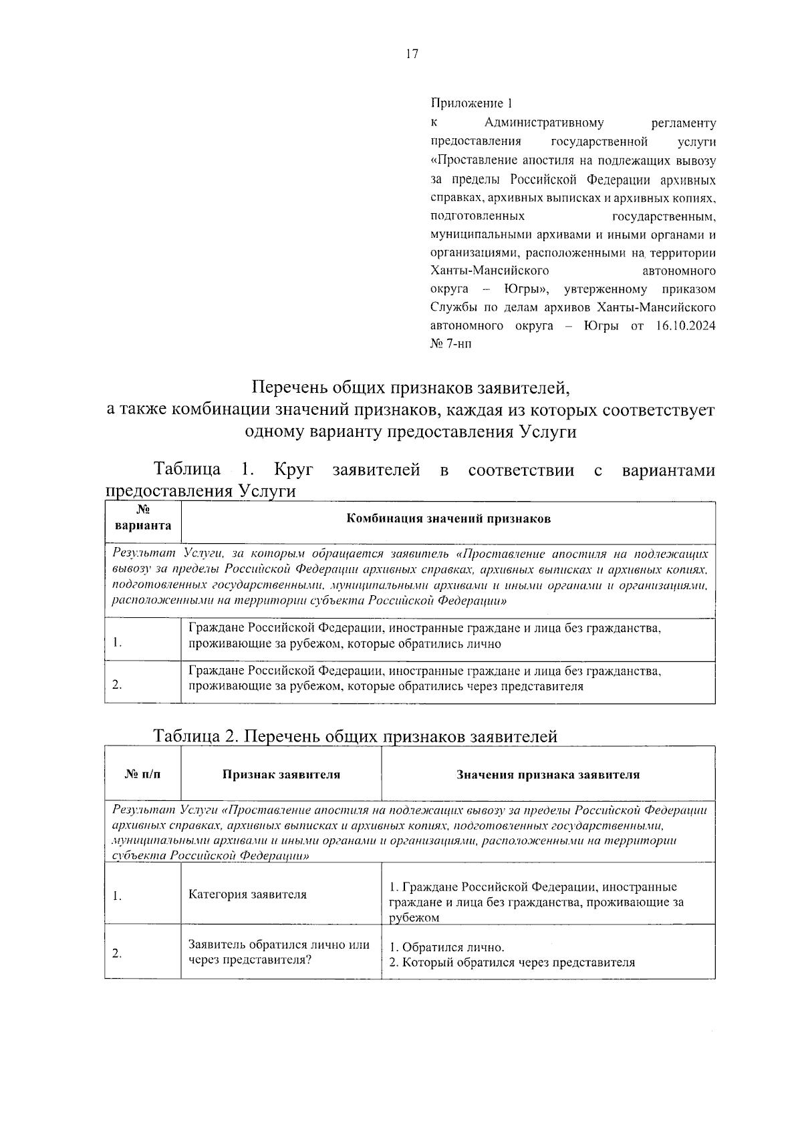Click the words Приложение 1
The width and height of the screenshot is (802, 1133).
[471, 104]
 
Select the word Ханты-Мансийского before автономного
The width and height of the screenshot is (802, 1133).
[489, 271]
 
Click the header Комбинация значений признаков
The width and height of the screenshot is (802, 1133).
[448, 519]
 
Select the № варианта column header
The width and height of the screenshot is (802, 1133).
[142, 519]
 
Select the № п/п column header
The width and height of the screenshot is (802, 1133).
[142, 775]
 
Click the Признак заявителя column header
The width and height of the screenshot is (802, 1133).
[281, 775]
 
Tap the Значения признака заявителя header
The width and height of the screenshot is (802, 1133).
[548, 775]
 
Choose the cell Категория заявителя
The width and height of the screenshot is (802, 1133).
[247, 895]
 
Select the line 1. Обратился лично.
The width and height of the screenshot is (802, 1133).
[446, 947]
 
